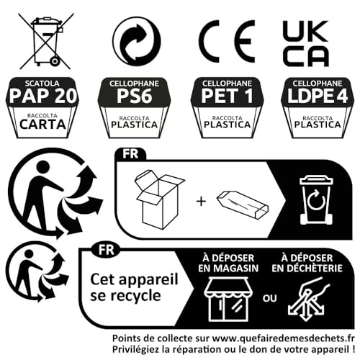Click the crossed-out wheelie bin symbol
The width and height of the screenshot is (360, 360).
(45, 41)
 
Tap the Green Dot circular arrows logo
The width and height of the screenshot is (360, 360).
(137, 41)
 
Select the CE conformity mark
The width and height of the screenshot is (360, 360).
(227, 41)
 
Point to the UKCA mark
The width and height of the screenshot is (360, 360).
(305, 43)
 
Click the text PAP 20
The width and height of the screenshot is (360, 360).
(43, 96)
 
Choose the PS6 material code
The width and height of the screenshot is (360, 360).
(135, 96)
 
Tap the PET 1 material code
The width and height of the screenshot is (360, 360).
(227, 96)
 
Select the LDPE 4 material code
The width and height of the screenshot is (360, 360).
(318, 96)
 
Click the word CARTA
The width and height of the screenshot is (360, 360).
(42, 125)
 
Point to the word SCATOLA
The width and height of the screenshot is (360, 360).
(42, 84)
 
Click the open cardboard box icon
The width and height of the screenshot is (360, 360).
(159, 199)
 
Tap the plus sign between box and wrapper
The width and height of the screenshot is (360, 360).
(201, 201)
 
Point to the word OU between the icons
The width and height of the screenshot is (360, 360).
(270, 298)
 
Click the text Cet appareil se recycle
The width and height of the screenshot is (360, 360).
(134, 287)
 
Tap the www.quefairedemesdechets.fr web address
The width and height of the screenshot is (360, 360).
(283, 338)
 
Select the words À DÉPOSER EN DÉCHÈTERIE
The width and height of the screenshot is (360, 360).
(307, 264)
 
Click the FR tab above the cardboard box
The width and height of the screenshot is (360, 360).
(130, 154)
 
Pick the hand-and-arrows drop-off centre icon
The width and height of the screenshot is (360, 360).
(309, 299)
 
